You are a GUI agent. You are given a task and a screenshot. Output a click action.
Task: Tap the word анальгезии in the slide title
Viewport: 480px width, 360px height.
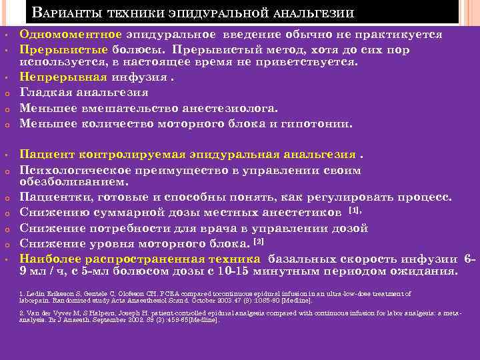click(315, 13)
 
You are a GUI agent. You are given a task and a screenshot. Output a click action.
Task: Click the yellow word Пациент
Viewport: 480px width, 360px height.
click(47, 155)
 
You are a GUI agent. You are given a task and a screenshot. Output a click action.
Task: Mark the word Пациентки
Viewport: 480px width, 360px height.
click(55, 197)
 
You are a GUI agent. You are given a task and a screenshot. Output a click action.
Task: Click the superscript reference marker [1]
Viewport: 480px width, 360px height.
click(355, 210)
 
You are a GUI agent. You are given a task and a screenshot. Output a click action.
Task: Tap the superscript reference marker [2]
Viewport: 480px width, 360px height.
click(259, 240)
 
